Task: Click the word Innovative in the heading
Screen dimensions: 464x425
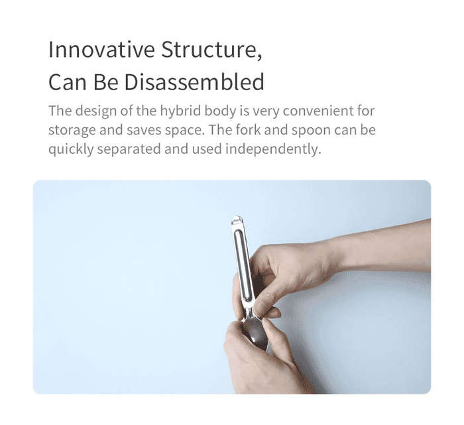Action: (x=101, y=50)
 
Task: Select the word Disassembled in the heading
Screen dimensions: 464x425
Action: (x=194, y=82)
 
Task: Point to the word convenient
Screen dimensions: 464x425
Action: (x=318, y=111)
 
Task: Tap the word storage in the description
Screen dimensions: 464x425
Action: (x=72, y=131)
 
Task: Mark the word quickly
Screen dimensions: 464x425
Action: (x=71, y=149)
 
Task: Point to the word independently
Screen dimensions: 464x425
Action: (x=273, y=149)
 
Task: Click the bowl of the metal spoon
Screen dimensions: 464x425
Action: (x=255, y=332)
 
